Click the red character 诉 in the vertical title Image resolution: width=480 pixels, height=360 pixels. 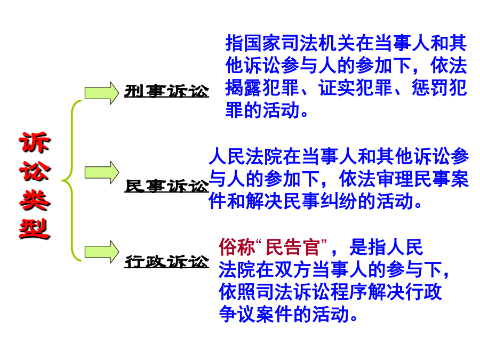point(35,142)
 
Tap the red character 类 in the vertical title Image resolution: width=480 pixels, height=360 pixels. point(35,200)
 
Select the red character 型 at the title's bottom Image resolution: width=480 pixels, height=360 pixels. point(35,229)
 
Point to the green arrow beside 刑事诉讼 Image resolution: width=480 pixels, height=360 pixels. point(102,93)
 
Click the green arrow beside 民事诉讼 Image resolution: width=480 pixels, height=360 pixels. point(102,172)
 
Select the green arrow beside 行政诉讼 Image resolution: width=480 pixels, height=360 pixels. point(102,252)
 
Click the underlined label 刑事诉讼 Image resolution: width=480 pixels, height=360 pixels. point(166,91)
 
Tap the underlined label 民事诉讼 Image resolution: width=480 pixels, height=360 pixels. point(166,186)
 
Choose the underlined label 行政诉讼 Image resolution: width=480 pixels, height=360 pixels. point(166,262)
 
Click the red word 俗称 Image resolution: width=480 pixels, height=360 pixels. point(237,247)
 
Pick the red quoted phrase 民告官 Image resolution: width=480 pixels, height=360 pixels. point(293,247)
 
